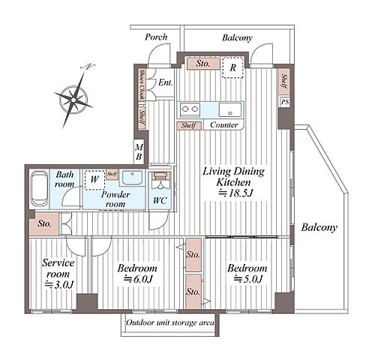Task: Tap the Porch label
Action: [156, 37]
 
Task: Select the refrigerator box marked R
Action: [232, 67]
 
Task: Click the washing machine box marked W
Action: [94, 180]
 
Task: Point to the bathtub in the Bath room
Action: [40, 189]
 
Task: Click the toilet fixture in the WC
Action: [160, 179]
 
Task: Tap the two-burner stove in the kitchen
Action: [190, 109]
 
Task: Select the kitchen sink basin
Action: [230, 109]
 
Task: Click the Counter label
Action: [224, 124]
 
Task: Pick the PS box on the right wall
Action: [284, 102]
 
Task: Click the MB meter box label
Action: [139, 151]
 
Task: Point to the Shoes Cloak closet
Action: [142, 84]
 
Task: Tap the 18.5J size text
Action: [235, 193]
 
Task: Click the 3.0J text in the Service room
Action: [59, 284]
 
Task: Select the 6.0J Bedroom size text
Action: [138, 279]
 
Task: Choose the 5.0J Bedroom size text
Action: [247, 278]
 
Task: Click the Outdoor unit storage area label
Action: [170, 322]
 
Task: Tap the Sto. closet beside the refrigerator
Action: [203, 64]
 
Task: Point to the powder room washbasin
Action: [132, 178]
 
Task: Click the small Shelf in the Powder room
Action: [112, 174]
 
